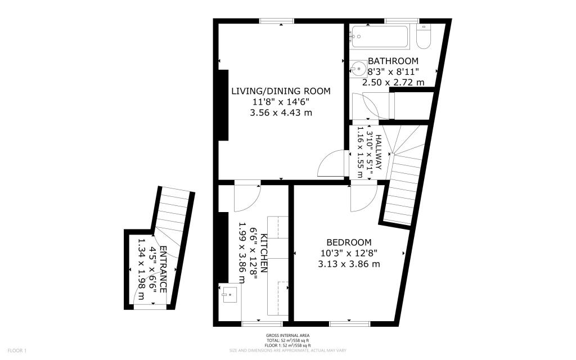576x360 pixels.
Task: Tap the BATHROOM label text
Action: click(393, 61)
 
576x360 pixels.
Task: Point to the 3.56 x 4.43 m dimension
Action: click(281, 112)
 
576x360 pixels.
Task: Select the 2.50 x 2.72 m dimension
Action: click(393, 82)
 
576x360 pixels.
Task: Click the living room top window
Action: click(277, 21)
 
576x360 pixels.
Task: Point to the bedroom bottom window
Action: click(349, 323)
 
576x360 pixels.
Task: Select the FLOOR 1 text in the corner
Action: click(17, 350)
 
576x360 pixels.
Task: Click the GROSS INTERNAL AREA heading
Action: click(287, 336)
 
